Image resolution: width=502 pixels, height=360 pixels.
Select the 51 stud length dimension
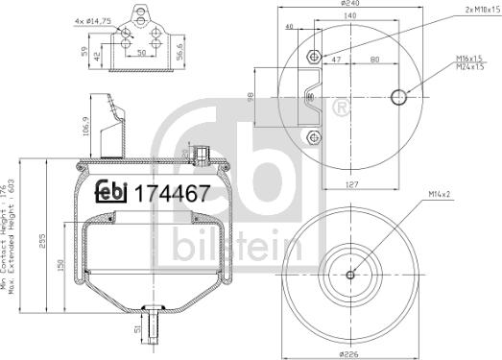137,332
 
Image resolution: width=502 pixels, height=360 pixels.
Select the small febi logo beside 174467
111,191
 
